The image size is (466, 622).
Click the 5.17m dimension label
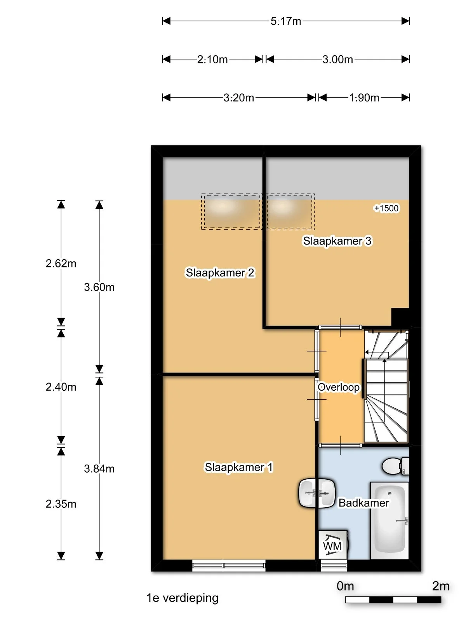(286, 21)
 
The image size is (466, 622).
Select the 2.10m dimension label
(212, 59)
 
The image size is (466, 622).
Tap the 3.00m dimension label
(337, 59)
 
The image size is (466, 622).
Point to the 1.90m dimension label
(364, 98)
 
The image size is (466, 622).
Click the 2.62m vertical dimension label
(61, 263)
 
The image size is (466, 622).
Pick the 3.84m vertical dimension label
(99, 468)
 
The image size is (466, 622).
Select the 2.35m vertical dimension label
(61, 504)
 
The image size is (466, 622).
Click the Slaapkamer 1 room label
(239, 467)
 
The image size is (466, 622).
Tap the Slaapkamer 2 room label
(220, 273)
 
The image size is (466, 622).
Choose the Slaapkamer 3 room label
(337, 241)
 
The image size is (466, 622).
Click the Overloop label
(339, 387)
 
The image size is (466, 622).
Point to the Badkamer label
(363, 503)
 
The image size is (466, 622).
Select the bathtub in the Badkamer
(389, 520)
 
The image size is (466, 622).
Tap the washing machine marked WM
(333, 544)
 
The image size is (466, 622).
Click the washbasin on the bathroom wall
(316, 493)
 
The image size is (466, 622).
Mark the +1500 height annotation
(386, 208)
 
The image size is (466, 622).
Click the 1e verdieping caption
(182, 598)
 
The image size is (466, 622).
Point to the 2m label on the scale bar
(440, 586)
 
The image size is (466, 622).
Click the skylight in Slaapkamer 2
(231, 211)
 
